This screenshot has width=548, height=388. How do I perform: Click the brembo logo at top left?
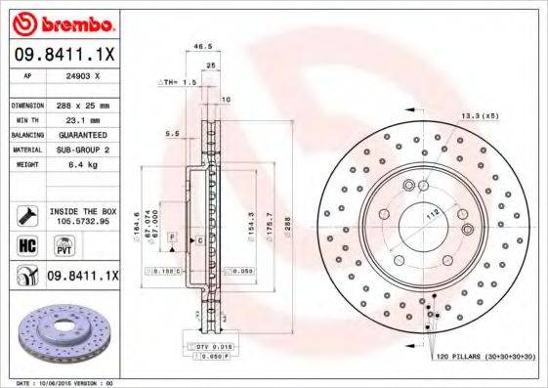click(61, 21)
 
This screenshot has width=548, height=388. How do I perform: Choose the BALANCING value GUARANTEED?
click(78, 133)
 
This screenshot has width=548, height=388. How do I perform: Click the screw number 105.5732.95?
click(81, 221)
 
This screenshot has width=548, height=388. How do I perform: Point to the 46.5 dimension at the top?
click(202, 46)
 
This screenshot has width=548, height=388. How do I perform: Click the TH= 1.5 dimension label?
click(179, 82)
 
